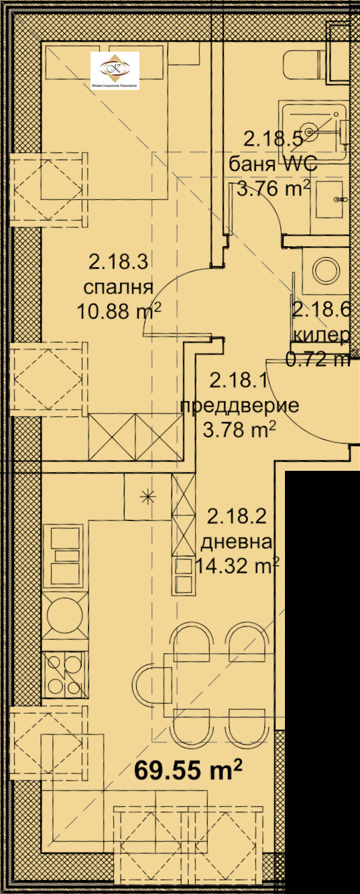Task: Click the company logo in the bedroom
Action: (115, 70)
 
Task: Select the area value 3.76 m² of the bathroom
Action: (274, 188)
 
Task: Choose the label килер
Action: (321, 335)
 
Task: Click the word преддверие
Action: (239, 406)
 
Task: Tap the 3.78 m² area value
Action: (239, 430)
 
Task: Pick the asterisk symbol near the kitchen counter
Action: (147, 496)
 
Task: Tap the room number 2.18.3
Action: (118, 262)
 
